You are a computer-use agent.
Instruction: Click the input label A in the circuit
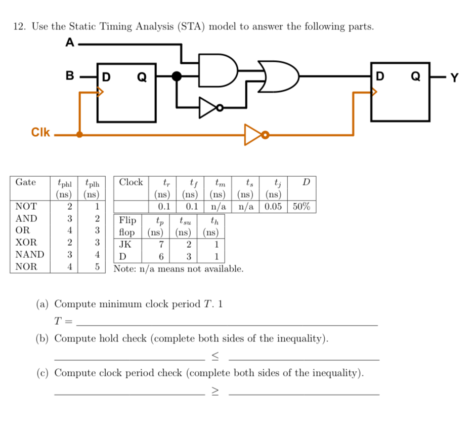click(x=70, y=44)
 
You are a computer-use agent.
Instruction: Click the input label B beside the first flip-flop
click(x=70, y=76)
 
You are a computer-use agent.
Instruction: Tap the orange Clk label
click(x=40, y=133)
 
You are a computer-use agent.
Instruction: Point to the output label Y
click(x=454, y=78)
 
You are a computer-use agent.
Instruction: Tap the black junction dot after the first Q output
click(x=177, y=76)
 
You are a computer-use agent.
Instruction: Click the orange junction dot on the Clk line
click(x=79, y=135)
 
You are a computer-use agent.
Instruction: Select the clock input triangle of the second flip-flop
click(x=374, y=92)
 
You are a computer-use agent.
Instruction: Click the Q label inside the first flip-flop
click(x=142, y=78)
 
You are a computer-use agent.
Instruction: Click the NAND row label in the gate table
click(x=30, y=254)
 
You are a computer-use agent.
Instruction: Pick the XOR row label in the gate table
click(x=26, y=242)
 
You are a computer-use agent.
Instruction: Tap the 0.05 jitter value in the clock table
click(x=274, y=207)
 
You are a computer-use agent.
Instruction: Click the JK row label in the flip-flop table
click(x=125, y=243)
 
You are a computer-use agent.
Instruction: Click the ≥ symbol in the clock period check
click(x=215, y=391)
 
